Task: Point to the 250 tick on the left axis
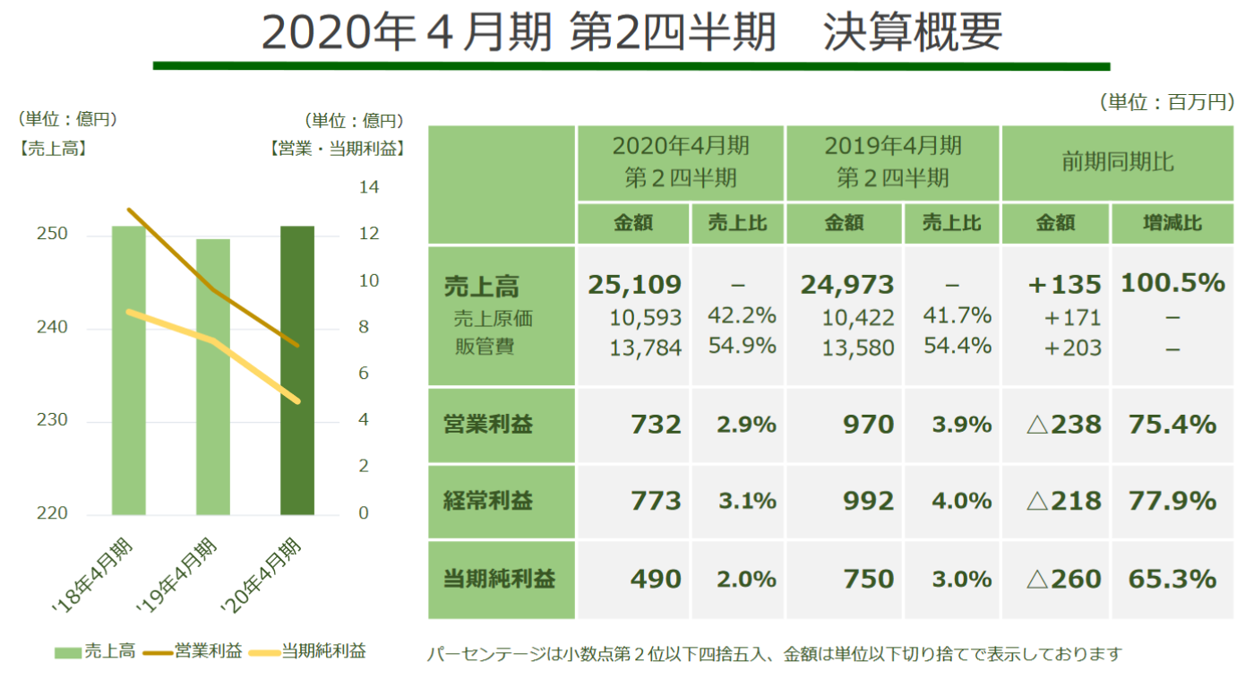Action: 53,235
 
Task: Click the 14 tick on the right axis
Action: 368,188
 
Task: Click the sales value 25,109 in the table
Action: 634,285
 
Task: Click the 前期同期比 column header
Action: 1117,163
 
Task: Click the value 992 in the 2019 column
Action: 868,501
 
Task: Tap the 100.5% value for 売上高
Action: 1172,284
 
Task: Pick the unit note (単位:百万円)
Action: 1165,103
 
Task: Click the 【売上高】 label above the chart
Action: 52,150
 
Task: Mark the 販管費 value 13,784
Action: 646,348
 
